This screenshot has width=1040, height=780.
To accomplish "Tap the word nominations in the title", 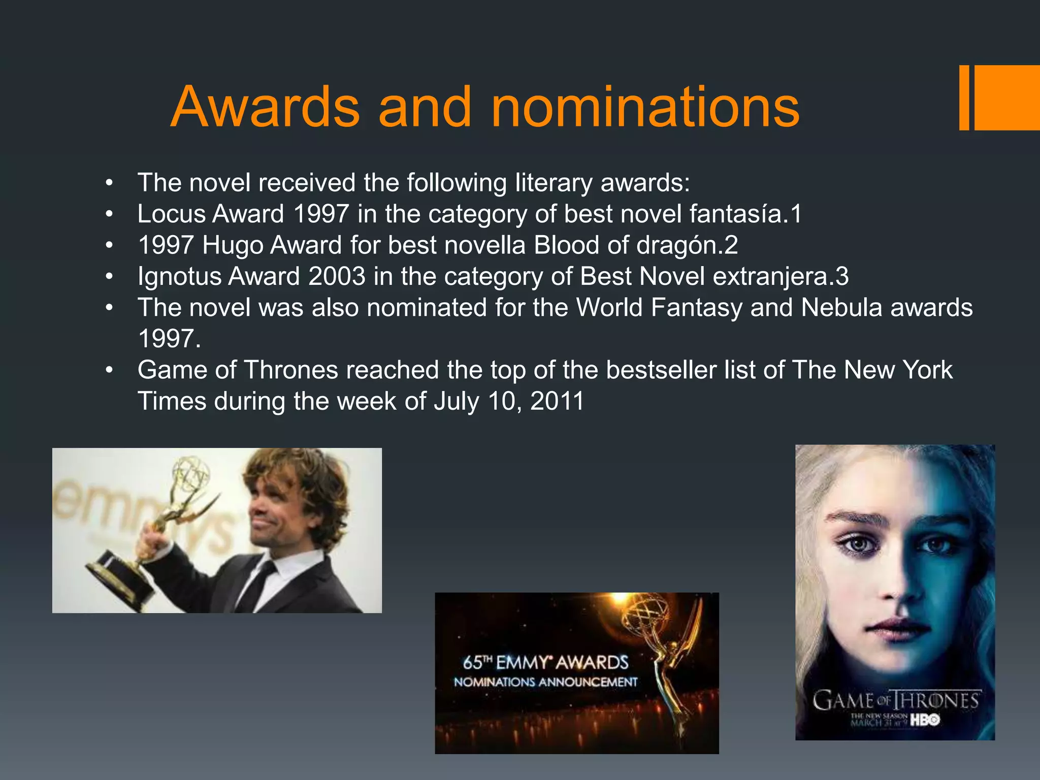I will tap(645, 107).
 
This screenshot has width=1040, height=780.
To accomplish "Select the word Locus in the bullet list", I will tap(170, 214).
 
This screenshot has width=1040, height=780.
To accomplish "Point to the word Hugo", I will tap(233, 245).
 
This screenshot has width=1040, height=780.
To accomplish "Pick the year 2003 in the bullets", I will tap(337, 277).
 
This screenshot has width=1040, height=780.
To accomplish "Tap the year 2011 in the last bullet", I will tap(557, 401).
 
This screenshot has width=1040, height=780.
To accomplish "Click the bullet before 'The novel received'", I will tap(109, 183).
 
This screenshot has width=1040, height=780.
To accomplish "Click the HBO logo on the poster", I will tap(925, 720).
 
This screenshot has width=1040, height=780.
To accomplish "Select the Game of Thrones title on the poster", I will tap(895, 701).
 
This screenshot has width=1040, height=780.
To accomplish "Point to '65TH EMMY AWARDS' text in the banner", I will tap(545, 663).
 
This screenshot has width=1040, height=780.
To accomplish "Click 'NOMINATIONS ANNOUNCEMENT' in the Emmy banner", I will tap(545, 682).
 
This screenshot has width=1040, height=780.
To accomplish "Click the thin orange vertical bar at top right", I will tap(964, 97).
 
